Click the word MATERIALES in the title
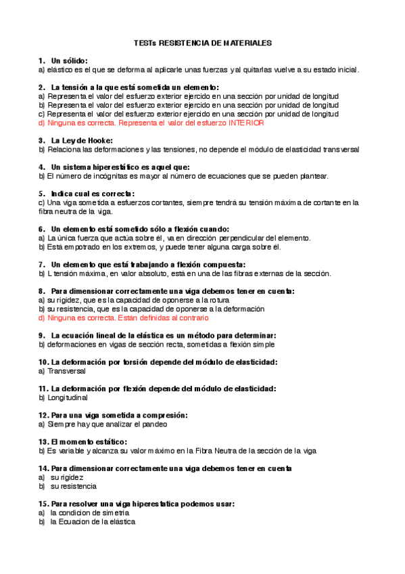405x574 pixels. point(244,43)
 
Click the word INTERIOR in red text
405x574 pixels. point(247,123)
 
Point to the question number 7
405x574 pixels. point(41,264)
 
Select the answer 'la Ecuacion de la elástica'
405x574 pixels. point(93,522)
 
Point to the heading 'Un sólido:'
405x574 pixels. point(70,60)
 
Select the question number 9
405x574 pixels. point(41,335)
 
